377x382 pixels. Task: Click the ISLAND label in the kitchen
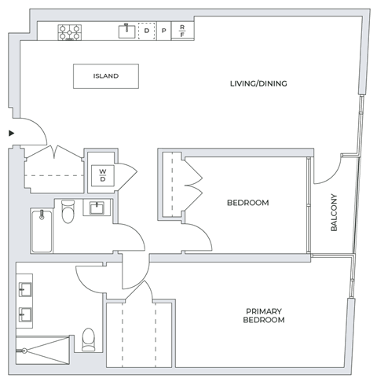click(x=106, y=76)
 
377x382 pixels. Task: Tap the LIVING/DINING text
click(x=258, y=83)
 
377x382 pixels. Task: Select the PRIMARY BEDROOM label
click(x=263, y=316)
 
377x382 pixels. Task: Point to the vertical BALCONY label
click(x=334, y=212)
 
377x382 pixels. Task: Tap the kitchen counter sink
click(x=126, y=31)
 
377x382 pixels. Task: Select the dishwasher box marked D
click(x=146, y=31)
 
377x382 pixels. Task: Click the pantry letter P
click(x=163, y=32)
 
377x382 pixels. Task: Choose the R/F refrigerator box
click(x=182, y=31)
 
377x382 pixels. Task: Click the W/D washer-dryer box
click(x=103, y=174)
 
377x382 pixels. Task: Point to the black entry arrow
click(x=11, y=134)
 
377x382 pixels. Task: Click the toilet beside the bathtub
click(x=68, y=211)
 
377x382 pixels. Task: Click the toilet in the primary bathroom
click(x=88, y=338)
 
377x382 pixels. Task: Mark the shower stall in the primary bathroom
click(x=43, y=351)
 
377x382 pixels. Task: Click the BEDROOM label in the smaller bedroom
click(x=247, y=203)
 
